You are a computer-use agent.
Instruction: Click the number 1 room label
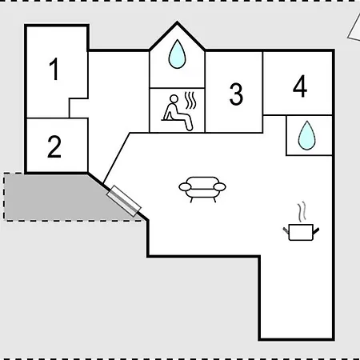click(54, 69)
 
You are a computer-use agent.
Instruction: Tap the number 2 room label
click(54, 146)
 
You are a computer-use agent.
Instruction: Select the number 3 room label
click(236, 94)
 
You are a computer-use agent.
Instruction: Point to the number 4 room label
click(300, 86)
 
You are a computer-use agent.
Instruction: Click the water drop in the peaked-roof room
click(177, 54)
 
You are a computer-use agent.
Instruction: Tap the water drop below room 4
click(307, 135)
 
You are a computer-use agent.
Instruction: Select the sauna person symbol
click(177, 113)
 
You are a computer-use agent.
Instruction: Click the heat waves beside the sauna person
click(190, 101)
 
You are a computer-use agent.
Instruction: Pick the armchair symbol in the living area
click(202, 190)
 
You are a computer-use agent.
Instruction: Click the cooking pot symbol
click(301, 232)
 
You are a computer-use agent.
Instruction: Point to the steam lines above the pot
click(302, 212)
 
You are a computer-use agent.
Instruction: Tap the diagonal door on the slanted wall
click(123, 201)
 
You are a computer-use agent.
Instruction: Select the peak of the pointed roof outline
click(177, 22)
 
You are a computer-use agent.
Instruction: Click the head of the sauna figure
click(174, 99)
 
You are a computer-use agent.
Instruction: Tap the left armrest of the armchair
click(185, 187)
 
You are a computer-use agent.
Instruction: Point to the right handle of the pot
click(316, 231)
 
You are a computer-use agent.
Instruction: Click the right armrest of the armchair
click(220, 186)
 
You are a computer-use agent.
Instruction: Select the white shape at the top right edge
click(354, 28)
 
